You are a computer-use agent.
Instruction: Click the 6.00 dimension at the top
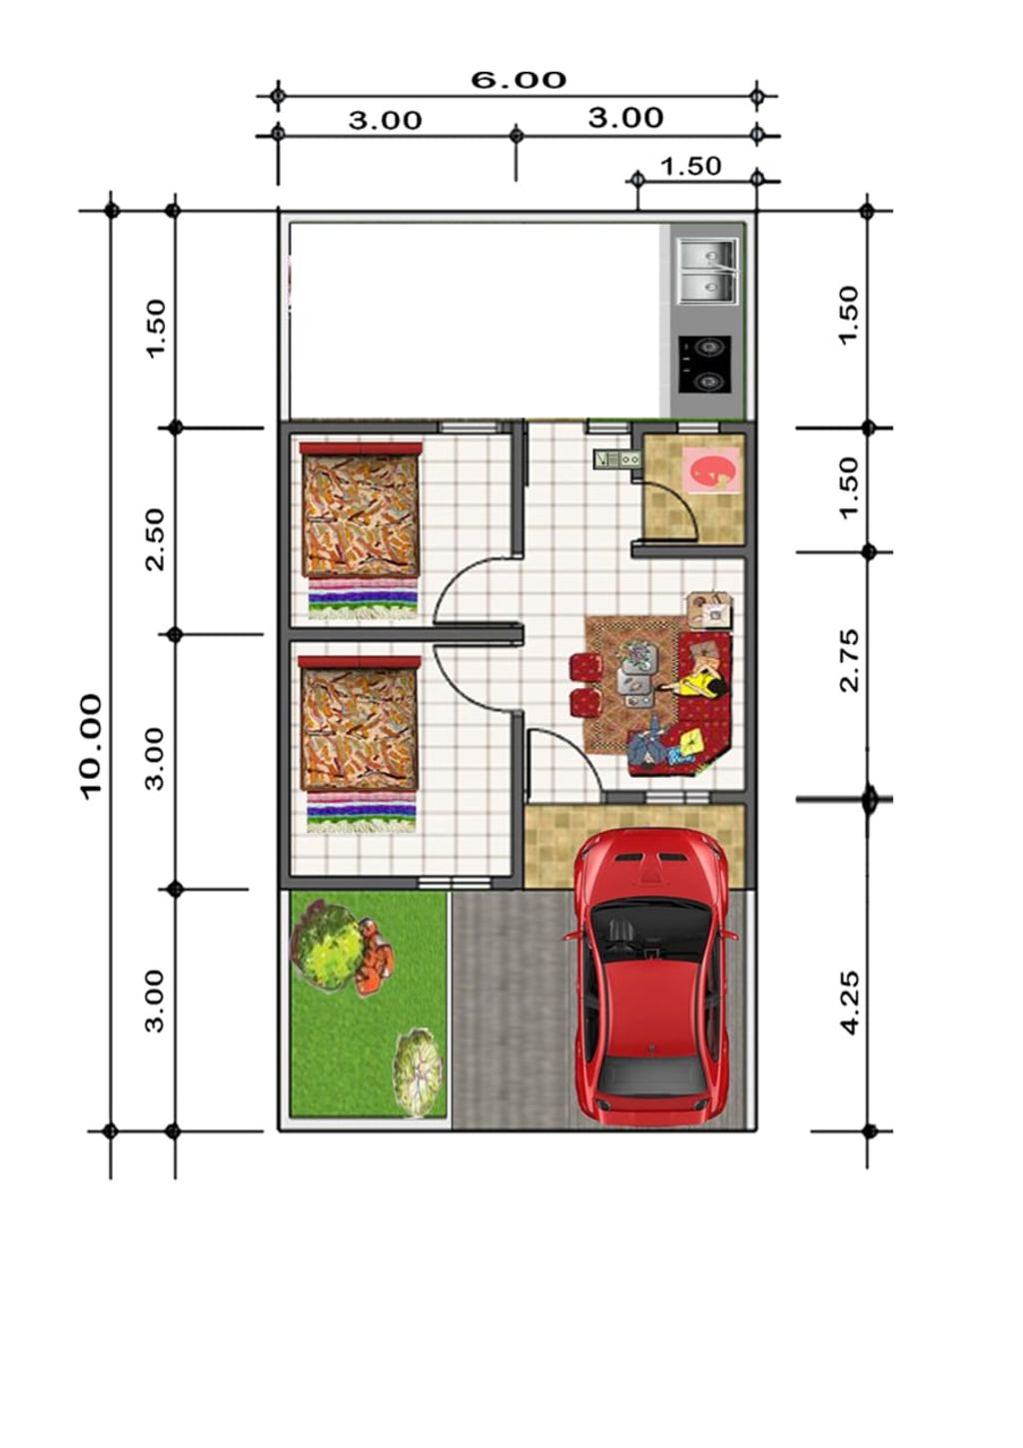(517, 80)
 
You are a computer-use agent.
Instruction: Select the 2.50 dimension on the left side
(155, 539)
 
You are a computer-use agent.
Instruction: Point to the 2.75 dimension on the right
(851, 660)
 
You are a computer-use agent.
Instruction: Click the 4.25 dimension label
(851, 1003)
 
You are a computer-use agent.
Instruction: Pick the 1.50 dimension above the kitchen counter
(690, 167)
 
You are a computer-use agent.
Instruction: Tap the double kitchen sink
(707, 271)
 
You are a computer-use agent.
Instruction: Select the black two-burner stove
(705, 364)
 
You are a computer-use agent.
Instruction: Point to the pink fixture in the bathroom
(710, 467)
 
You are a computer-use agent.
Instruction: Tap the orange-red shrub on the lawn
(374, 956)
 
